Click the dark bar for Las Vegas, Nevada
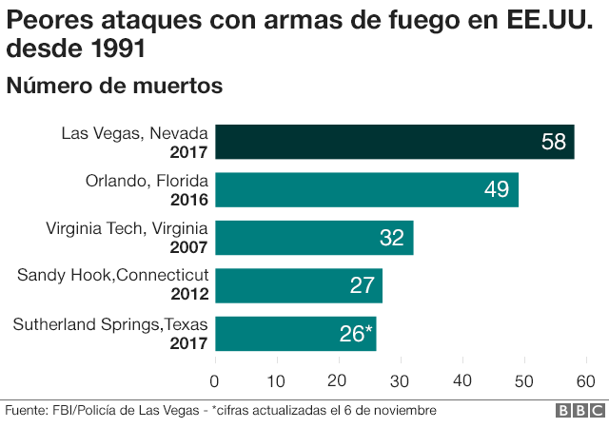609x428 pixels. pyautogui.click(x=394, y=142)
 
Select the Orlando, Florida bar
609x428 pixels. pyautogui.click(x=366, y=189)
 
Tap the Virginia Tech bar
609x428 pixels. pyautogui.click(x=314, y=237)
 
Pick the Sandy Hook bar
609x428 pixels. pyautogui.click(x=298, y=284)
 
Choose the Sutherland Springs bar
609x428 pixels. pyautogui.click(x=295, y=332)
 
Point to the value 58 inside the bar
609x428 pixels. pyautogui.click(x=553, y=143)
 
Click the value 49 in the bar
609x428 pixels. pyautogui.click(x=497, y=190)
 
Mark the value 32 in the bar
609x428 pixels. pyautogui.click(x=392, y=238)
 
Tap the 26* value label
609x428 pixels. pyautogui.click(x=356, y=333)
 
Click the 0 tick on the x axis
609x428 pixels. pyautogui.click(x=215, y=381)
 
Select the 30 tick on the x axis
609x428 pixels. pyautogui.click(x=401, y=381)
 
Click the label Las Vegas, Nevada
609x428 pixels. pyautogui.click(x=134, y=133)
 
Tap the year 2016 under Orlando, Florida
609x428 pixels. pyautogui.click(x=188, y=199)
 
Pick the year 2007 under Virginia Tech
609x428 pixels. pyautogui.click(x=188, y=246)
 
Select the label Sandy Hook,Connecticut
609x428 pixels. pyautogui.click(x=112, y=276)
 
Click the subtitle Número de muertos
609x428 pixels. pyautogui.click(x=114, y=86)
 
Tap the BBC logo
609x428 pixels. pyautogui.click(x=580, y=411)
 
